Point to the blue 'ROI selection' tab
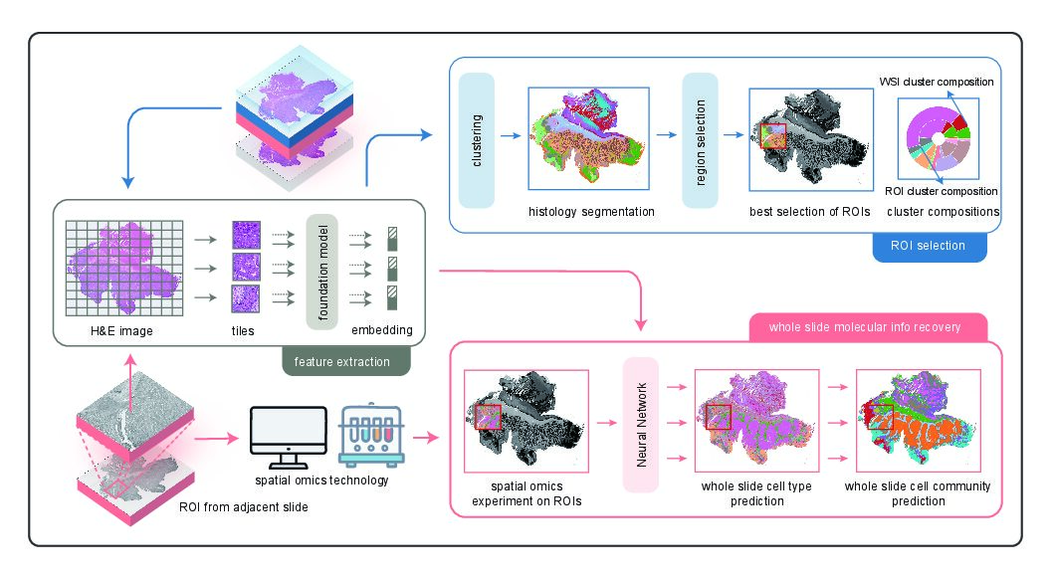click(929, 245)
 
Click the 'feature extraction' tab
click(342, 361)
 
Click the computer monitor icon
click(288, 437)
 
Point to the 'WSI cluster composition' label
click(936, 81)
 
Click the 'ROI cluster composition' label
click(941, 191)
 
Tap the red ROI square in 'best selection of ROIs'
click(773, 135)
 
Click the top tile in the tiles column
click(245, 235)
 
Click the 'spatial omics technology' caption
click(320, 481)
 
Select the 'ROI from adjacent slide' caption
click(237, 508)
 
